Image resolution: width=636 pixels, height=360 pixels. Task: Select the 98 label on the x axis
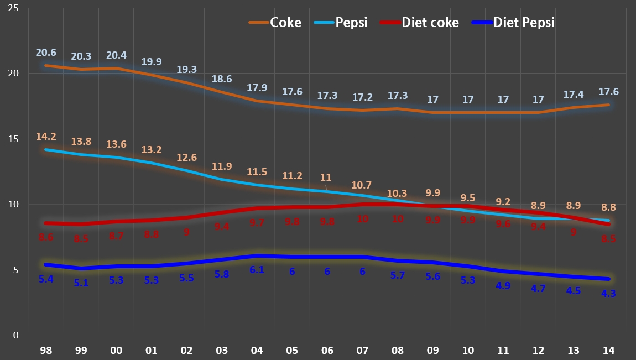click(45, 350)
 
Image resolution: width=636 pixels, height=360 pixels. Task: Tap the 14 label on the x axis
click(609, 350)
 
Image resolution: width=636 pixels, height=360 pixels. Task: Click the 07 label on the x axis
click(362, 350)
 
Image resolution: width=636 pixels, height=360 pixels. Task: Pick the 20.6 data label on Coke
click(46, 53)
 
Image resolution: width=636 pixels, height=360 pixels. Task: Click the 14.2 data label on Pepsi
click(46, 137)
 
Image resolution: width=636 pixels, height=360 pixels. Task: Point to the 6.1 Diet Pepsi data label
click(257, 270)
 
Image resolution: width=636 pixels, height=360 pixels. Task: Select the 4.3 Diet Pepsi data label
click(608, 294)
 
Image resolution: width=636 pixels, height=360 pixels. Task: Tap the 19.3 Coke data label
click(186, 70)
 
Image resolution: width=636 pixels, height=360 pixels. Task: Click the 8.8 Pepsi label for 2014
click(608, 207)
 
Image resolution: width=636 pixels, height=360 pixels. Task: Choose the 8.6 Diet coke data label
click(46, 237)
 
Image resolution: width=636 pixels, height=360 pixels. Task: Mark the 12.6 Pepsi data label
click(186, 158)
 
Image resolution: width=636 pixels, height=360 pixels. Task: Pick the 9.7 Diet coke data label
click(257, 223)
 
